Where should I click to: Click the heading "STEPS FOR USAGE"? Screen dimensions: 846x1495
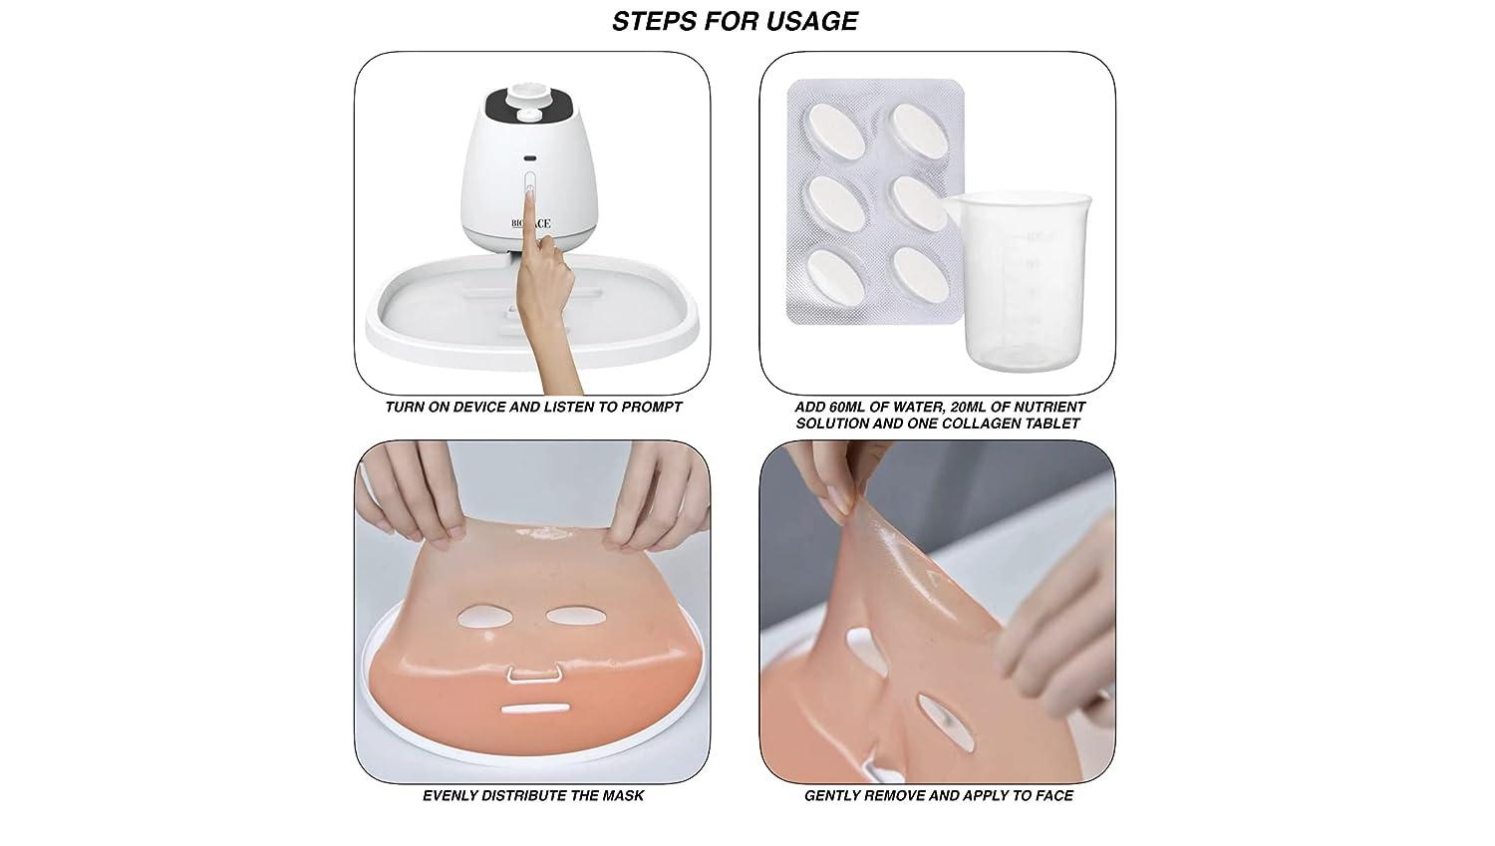click(735, 21)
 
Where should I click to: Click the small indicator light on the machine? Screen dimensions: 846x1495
click(529, 158)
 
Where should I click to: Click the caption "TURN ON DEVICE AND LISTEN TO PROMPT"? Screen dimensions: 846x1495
click(533, 407)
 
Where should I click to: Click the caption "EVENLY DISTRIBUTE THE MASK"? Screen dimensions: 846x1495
click(533, 795)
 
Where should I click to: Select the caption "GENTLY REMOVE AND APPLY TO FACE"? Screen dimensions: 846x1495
click(939, 795)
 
